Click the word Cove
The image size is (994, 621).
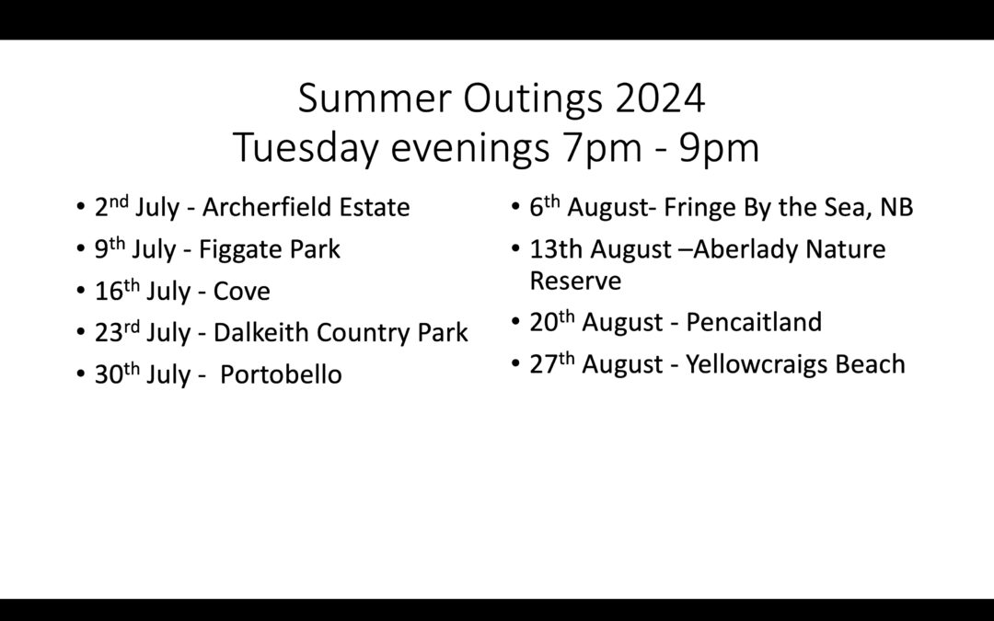(x=241, y=292)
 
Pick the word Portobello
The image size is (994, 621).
(x=281, y=374)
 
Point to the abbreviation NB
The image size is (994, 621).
(x=896, y=207)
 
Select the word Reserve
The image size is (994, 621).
(x=575, y=281)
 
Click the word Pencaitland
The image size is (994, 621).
(x=754, y=322)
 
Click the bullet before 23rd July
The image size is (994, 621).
(x=80, y=331)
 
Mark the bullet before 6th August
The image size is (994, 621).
(x=515, y=206)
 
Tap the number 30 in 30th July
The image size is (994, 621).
(x=109, y=374)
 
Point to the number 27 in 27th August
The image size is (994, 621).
(x=543, y=364)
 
